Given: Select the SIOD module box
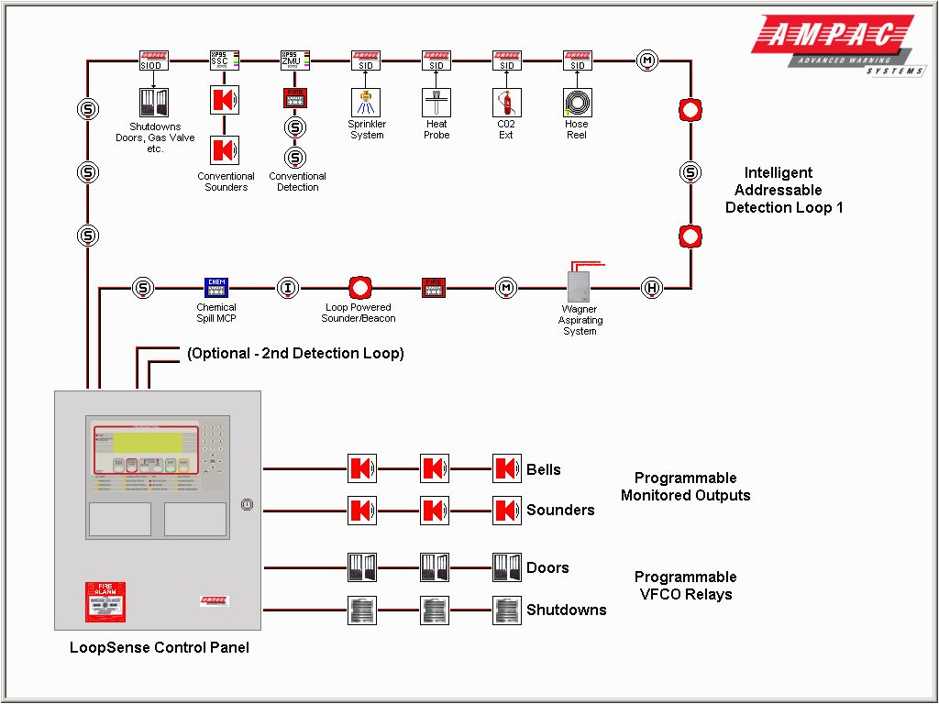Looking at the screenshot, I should pyautogui.click(x=154, y=60).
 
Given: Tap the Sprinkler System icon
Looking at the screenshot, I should pyautogui.click(x=366, y=102).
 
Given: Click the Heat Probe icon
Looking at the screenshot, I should pyautogui.click(x=436, y=102).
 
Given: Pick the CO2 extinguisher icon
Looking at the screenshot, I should pyautogui.click(x=506, y=102).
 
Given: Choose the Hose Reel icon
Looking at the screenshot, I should pyautogui.click(x=577, y=102).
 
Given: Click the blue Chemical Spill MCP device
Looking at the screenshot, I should pyautogui.click(x=216, y=288).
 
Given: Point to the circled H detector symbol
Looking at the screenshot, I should pyautogui.click(x=651, y=288).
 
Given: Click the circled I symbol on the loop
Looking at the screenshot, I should pyautogui.click(x=288, y=288).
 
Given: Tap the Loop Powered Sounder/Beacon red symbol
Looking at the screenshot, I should pyautogui.click(x=359, y=288).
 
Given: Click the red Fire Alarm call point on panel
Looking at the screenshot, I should pyautogui.click(x=105, y=601).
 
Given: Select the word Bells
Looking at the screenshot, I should pyautogui.click(x=543, y=469).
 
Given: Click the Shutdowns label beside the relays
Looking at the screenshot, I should pyautogui.click(x=566, y=610).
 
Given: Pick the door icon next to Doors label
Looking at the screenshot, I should pyautogui.click(x=507, y=567).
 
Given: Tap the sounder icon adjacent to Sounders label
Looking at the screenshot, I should pyautogui.click(x=507, y=510).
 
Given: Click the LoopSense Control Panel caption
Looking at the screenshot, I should pyautogui.click(x=159, y=647).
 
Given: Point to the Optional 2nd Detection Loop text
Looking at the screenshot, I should pyautogui.click(x=295, y=353).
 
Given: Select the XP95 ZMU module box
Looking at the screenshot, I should pyautogui.click(x=295, y=60).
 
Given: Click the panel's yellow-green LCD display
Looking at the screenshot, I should pyautogui.click(x=144, y=442).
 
